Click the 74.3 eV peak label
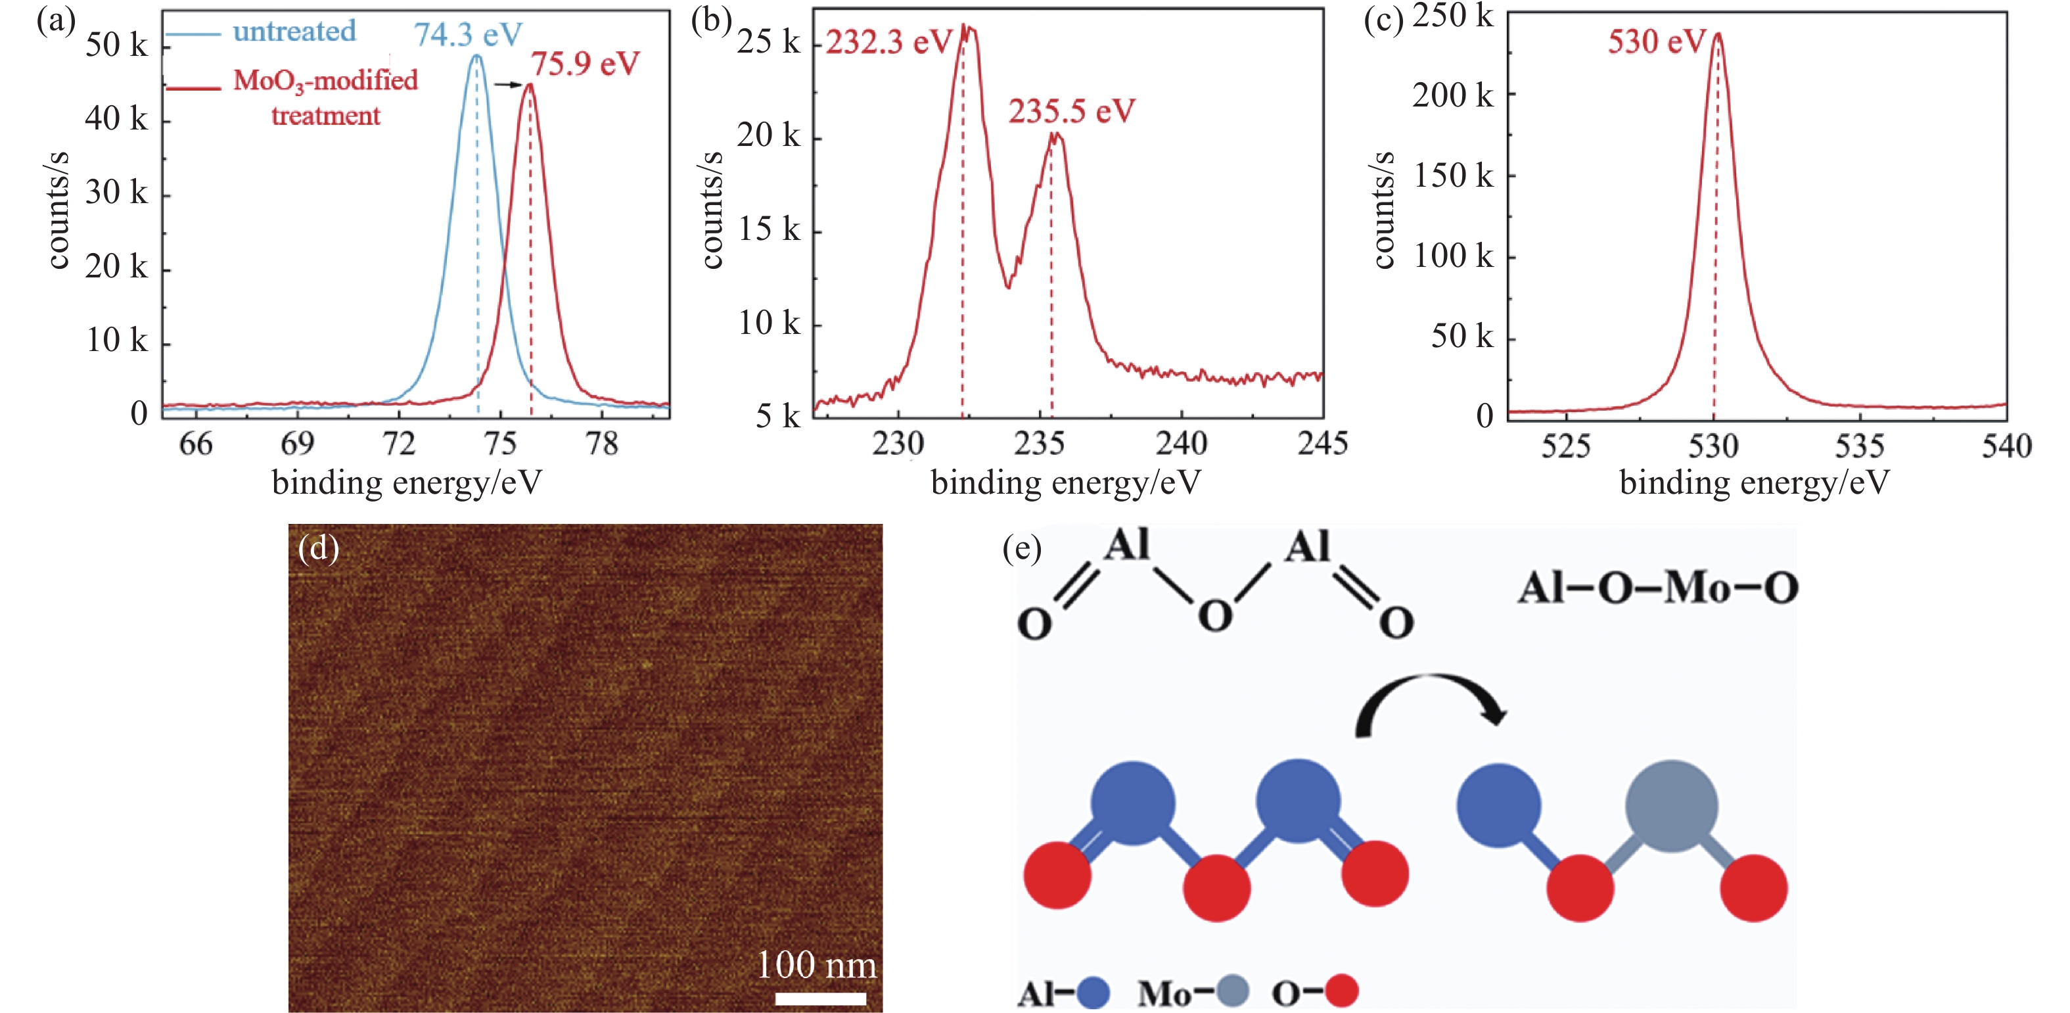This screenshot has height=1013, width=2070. pos(468,35)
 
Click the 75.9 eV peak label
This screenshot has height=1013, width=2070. pos(585,64)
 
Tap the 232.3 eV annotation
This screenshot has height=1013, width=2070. pos(888,42)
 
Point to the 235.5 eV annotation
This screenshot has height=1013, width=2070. pos(1071,111)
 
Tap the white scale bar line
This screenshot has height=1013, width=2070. pos(821,999)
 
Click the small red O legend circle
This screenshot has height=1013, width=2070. pos(1341,991)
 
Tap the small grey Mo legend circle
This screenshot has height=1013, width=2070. pos(1232,991)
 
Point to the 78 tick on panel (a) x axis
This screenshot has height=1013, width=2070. pos(602,444)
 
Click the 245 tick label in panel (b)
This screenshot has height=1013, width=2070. pos(1322,444)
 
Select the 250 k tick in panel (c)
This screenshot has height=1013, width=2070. pos(1453,16)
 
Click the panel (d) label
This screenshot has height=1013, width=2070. pos(318,548)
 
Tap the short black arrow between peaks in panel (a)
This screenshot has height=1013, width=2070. pos(508,83)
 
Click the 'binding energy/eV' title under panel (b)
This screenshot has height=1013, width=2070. pos(1065,483)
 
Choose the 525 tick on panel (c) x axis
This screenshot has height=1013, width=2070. pos(1565,446)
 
